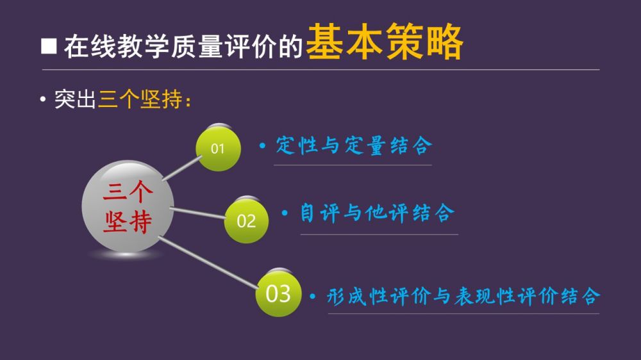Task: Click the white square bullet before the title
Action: [49, 46]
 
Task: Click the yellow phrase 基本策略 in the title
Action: [385, 42]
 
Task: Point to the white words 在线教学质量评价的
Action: [183, 46]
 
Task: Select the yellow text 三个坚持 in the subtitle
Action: [140, 99]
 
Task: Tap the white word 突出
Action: [75, 99]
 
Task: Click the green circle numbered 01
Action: [219, 149]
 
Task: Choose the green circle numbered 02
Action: [246, 221]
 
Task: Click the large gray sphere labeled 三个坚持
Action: [128, 206]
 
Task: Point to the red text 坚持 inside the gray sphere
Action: [128, 222]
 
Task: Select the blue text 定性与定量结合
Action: [354, 145]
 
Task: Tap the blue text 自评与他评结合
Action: [378, 213]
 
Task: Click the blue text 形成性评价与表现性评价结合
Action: [464, 296]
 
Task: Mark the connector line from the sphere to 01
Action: [182, 168]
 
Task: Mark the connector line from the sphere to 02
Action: [197, 213]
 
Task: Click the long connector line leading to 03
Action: [208, 263]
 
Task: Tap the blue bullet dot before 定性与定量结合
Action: [262, 145]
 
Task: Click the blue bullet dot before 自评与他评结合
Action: [285, 213]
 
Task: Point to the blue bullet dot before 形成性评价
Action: [313, 296]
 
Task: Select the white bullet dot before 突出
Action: [43, 99]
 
